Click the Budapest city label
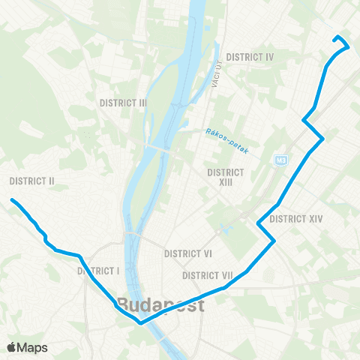[x=160, y=306]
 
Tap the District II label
[x=32, y=181]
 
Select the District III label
[x=122, y=102]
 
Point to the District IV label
[x=250, y=57]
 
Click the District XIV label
[x=295, y=219]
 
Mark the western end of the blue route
[x=12, y=199]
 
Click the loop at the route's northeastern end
[x=341, y=43]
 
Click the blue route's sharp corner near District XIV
[x=274, y=240]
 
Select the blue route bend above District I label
[x=79, y=256]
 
